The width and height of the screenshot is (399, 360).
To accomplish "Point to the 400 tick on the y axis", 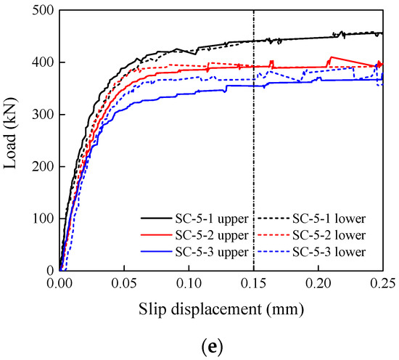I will click(x=41, y=62).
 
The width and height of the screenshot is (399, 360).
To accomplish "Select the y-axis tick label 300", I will click(x=41, y=115).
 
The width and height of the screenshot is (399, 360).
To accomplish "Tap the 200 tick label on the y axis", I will click(x=41, y=166).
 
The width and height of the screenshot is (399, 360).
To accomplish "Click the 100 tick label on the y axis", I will click(x=41, y=218).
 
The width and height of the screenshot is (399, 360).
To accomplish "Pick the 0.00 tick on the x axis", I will click(x=59, y=285).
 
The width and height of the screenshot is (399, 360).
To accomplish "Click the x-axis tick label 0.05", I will click(x=124, y=285).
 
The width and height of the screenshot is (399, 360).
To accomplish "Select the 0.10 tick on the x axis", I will click(x=189, y=285).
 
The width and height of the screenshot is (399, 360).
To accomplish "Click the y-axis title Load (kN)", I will click(x=12, y=140).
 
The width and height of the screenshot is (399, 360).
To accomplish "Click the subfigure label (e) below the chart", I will click(x=199, y=346).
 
